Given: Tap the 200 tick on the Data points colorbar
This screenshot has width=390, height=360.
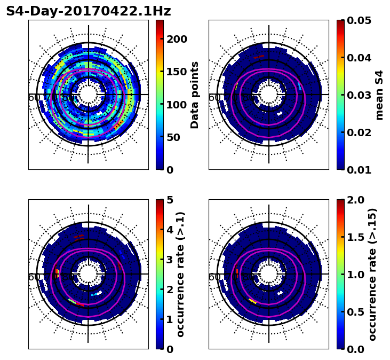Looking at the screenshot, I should pos(177,39).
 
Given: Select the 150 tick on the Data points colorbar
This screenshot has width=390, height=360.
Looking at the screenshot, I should pos(177,72).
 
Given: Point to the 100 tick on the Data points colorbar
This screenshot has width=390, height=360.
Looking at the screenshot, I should pos(177,105).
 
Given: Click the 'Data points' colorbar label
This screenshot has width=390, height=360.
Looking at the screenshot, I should pos(195,95).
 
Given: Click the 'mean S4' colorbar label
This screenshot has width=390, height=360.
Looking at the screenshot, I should pos(379,95).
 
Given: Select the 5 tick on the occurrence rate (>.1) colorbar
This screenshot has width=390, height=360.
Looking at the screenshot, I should pos(170,200).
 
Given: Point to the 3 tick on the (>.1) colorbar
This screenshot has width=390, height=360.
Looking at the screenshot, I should pos(170,260).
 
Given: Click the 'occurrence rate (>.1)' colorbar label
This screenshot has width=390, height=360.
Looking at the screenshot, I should pos(180,274).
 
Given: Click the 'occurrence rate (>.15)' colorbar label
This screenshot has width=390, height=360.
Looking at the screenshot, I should pos(372,274).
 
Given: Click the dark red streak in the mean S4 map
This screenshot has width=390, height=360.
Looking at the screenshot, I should pos(259,56).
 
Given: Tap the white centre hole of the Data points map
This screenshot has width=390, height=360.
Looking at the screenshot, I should pos(89,95).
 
